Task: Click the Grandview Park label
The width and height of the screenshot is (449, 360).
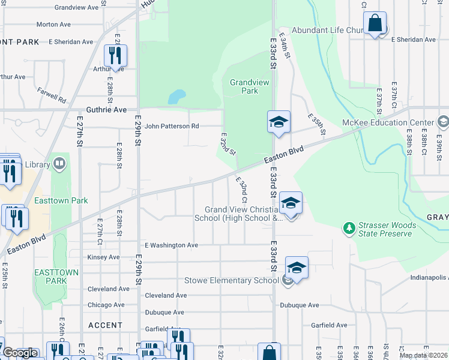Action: pos(244,86)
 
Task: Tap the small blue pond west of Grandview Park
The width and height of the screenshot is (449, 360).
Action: pos(176,97)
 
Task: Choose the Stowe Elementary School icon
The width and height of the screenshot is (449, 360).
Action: pos(296,268)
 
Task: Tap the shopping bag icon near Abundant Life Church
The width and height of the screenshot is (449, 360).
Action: pos(375,25)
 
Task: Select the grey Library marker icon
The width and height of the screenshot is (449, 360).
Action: pos(59,164)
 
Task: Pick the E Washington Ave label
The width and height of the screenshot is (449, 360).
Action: pos(171,245)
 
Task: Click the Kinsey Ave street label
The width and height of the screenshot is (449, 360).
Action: pos(103,257)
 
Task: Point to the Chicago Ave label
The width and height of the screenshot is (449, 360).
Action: pos(106,305)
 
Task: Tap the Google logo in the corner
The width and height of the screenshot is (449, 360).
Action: pos(20,353)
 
